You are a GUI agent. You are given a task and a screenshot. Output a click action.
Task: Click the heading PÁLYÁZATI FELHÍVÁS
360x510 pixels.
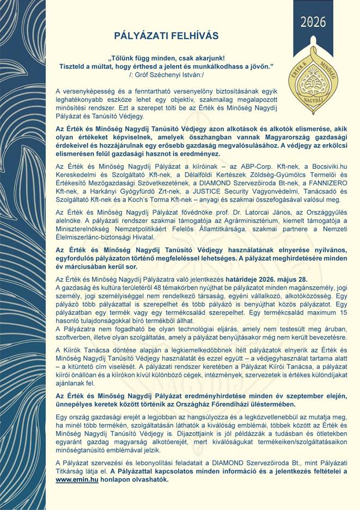coord(166,36)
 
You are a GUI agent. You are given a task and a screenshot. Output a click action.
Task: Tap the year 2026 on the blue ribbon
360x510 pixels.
coord(313,22)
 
